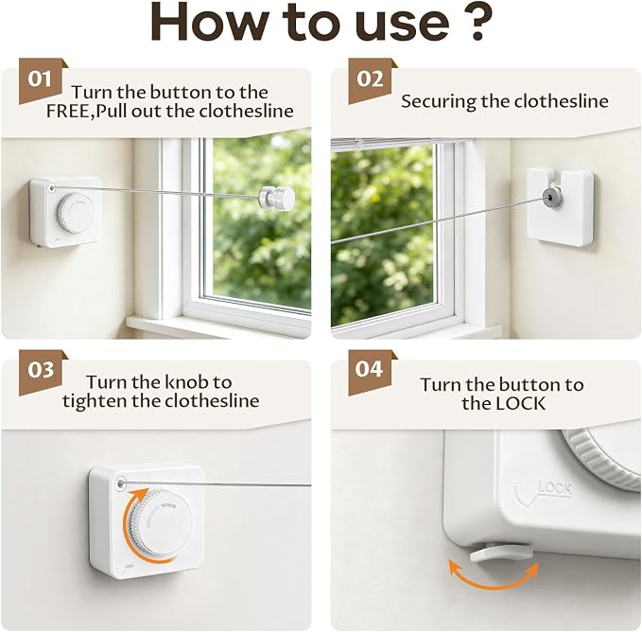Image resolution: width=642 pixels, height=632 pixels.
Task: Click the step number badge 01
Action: (40, 79)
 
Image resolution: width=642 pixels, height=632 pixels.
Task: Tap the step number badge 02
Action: (370, 79)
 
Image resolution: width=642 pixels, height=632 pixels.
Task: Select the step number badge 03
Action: (40, 371)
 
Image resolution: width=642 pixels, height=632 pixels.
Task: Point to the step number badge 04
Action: (370, 370)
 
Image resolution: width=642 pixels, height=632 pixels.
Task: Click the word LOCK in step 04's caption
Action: (520, 403)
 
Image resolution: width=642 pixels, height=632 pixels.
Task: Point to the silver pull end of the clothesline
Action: (277, 197)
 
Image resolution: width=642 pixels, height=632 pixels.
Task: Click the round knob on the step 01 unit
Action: (76, 214)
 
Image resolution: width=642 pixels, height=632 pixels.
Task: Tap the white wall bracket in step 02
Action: (560, 206)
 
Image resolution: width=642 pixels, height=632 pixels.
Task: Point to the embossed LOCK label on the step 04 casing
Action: (555, 489)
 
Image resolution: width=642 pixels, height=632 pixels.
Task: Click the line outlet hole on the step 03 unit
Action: (121, 483)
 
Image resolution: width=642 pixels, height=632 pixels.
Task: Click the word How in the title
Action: (210, 23)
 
